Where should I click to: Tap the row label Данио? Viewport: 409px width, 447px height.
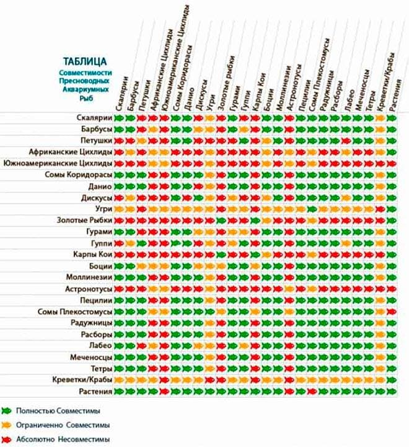tap(99, 186)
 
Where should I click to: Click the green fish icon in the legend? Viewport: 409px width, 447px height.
tap(7, 410)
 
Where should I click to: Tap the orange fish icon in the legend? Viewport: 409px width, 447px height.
tap(7, 425)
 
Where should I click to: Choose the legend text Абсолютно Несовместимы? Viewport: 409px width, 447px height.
tap(58, 440)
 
